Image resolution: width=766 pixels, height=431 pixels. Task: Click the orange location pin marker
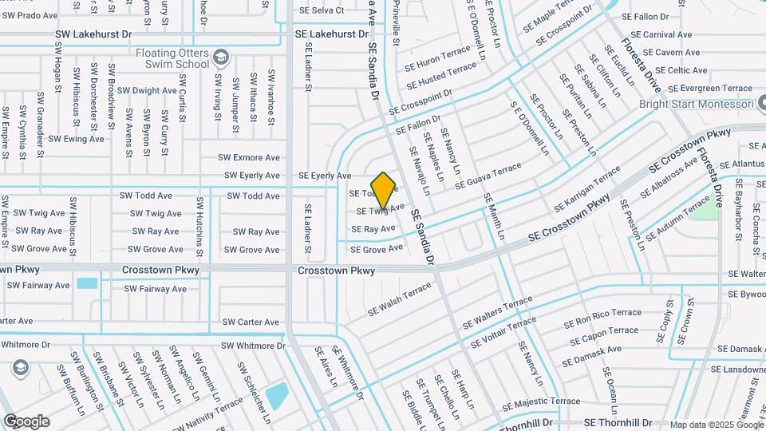[x=384, y=190]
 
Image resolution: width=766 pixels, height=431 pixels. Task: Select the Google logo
[x=26, y=421]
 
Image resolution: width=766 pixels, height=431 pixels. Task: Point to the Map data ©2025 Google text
[x=715, y=425]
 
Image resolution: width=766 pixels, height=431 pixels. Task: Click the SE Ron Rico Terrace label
[x=602, y=318]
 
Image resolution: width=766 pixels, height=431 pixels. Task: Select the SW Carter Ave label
[x=251, y=322]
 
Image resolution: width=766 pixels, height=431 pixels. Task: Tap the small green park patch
[x=703, y=209]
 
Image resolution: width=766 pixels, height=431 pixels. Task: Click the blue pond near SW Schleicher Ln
[x=277, y=396]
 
